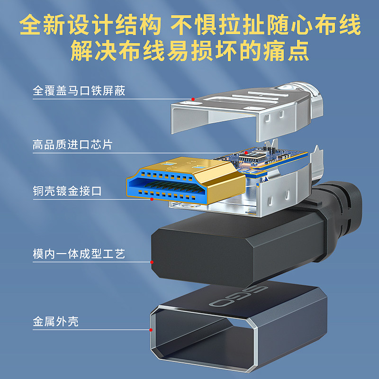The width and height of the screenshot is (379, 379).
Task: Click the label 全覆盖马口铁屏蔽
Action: [x=79, y=90]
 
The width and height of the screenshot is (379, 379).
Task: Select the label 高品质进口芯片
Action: [x=72, y=144]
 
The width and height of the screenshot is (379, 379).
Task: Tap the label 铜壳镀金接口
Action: [x=67, y=191]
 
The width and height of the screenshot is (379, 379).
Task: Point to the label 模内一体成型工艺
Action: [x=79, y=254]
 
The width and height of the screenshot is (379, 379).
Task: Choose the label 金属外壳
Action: [x=55, y=322]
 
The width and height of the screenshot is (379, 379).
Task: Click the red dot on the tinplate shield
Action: [x=193, y=99]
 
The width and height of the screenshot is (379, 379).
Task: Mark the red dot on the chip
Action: [x=245, y=153]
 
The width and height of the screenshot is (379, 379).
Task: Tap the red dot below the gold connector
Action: [x=151, y=199]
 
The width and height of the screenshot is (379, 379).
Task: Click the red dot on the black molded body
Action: [x=152, y=262]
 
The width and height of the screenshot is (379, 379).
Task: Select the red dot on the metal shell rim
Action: [x=151, y=330]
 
